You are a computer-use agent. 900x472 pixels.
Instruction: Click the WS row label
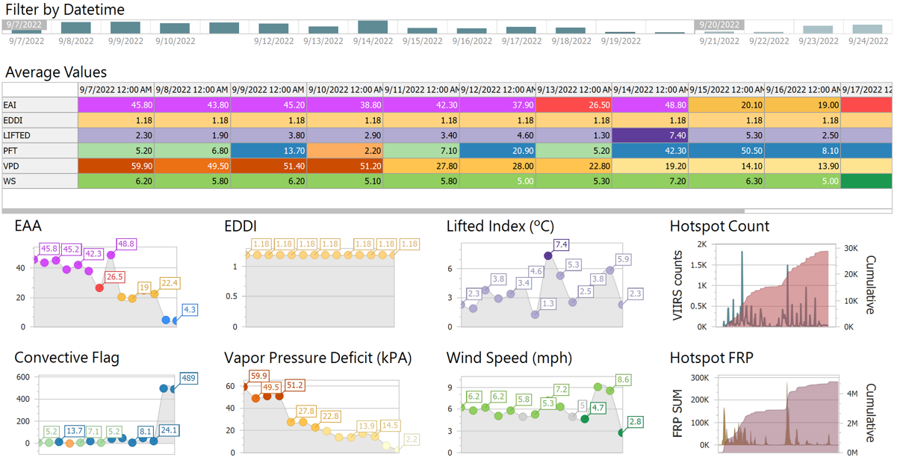tap(10, 181)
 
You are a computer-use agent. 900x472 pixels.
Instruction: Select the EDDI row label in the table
tap(13, 120)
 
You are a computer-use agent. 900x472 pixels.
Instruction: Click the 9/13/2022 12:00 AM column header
tap(573, 90)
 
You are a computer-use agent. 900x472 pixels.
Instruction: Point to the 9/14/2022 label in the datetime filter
tap(373, 41)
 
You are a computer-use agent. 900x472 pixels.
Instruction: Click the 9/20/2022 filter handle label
tap(719, 25)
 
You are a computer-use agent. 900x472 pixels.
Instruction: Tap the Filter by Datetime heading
tap(65, 10)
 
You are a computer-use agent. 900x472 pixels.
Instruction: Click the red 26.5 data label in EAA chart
tap(114, 277)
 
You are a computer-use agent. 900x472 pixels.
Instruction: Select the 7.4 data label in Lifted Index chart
tap(561, 245)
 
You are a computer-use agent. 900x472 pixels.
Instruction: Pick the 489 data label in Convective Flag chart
tap(188, 379)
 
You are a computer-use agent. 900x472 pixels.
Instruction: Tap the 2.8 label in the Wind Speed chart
tap(636, 423)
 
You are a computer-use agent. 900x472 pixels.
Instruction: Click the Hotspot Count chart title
tap(719, 226)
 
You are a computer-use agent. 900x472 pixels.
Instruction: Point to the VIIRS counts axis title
tap(678, 285)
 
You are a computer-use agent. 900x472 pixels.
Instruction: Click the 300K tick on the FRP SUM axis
tap(700, 379)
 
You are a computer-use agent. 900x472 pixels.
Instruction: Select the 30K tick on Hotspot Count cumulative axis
tap(850, 249)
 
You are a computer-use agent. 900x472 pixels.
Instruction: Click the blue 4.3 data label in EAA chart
tap(190, 309)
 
